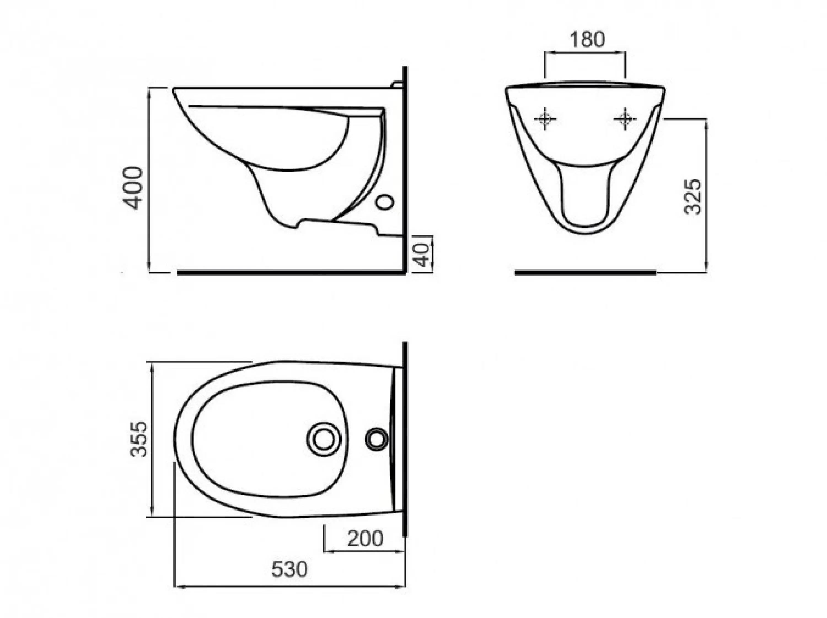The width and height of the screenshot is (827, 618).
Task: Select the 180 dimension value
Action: point(587,40)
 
